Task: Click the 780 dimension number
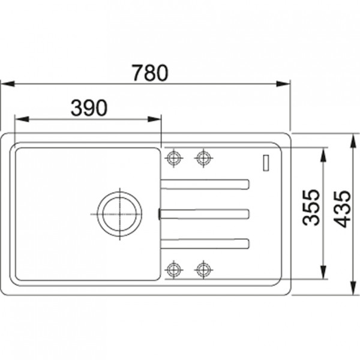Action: [151, 73]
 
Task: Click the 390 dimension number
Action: [89, 108]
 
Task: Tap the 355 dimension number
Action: [311, 208]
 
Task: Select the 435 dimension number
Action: [342, 209]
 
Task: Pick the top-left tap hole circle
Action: [174, 158]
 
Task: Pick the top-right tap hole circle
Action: [203, 158]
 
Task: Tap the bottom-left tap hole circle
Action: [174, 269]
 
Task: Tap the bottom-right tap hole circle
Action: [203, 269]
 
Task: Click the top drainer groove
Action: [205, 184]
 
